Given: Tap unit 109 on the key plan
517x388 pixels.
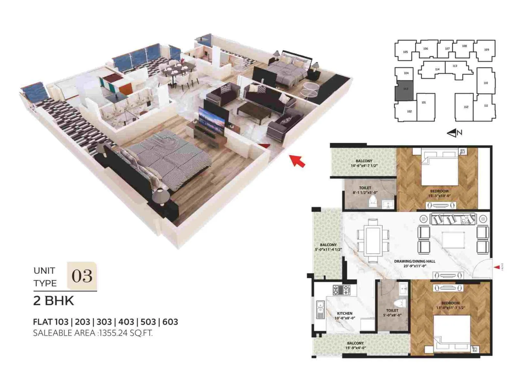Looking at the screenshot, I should coord(486,50).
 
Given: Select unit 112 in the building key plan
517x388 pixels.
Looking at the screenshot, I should coord(466,107).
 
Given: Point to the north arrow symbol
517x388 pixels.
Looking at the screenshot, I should coord(454,133).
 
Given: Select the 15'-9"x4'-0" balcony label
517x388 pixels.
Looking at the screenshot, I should coord(355,345).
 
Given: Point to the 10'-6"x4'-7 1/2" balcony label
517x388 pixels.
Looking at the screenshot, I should coord(364,163).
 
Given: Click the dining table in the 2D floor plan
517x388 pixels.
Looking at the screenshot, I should coord(373,241).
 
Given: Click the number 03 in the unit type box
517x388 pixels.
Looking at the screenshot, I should coord(82,276).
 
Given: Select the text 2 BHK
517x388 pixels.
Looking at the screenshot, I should coord(54,301).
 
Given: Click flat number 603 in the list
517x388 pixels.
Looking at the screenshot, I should coord(170,322).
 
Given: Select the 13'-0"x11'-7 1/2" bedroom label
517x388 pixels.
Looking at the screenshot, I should coord(450,306).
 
